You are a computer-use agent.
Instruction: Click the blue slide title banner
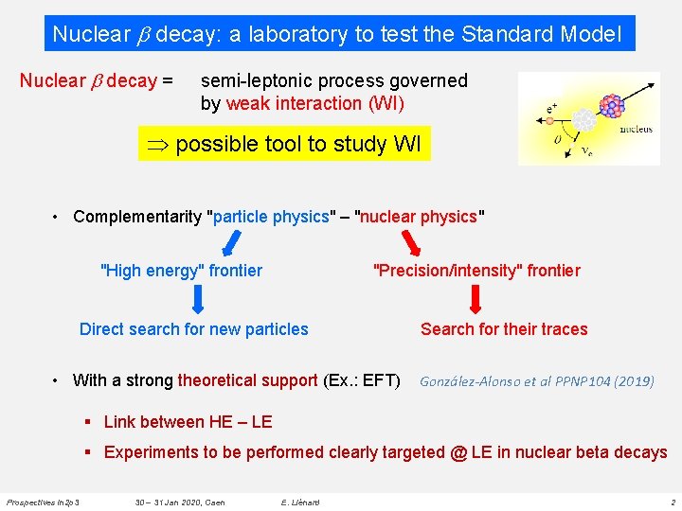pos(337,34)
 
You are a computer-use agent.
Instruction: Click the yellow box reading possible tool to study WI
pos(284,144)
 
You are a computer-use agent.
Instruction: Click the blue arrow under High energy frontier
pos(199,299)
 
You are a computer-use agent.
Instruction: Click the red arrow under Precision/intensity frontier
pos(476,299)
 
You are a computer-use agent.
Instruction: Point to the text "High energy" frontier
pos(181,271)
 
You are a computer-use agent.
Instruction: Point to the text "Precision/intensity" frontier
pos(477,271)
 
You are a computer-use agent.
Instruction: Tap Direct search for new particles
pos(194,329)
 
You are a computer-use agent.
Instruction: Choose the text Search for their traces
pos(504,329)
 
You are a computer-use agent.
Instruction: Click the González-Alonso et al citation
pos(536,381)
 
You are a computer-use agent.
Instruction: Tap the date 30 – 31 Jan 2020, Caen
pos(180,502)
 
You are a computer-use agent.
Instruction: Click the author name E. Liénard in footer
pos(300,502)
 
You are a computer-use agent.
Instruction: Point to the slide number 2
pos(672,502)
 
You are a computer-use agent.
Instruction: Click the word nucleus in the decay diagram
pos(636,129)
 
